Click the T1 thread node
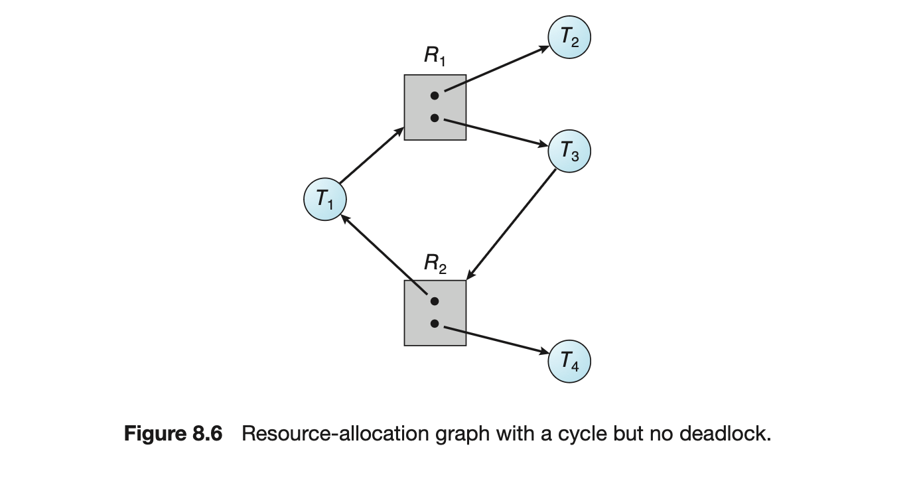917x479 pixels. [x=324, y=198]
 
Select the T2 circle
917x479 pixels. [x=569, y=38]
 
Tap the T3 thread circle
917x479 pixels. [x=569, y=151]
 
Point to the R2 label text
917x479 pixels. [x=435, y=264]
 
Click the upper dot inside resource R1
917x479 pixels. [x=435, y=96]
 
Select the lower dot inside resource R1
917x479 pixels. [x=435, y=118]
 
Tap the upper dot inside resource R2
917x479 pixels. [x=435, y=301]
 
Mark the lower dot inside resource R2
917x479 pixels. [x=435, y=324]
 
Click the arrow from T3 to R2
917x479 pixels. [x=511, y=224]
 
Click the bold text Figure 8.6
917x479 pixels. [x=173, y=435]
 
